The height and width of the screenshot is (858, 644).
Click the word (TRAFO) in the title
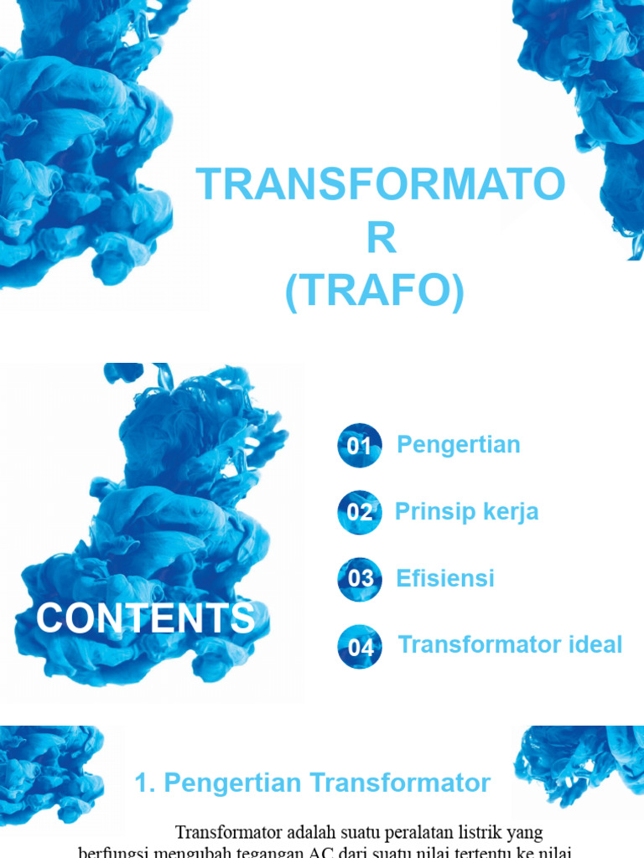[x=374, y=294]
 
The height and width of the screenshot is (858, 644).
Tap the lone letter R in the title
[x=380, y=240]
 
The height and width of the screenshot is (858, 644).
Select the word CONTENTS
[x=145, y=618]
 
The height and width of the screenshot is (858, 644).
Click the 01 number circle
[x=360, y=445]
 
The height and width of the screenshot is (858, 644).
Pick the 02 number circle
[x=360, y=512]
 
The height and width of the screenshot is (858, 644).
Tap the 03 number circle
[x=360, y=579]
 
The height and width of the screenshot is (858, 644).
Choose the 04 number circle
[x=360, y=647]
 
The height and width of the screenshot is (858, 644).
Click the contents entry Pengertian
[x=458, y=444]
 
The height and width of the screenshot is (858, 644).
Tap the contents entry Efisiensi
[x=445, y=578]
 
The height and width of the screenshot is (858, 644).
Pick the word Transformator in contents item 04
[x=476, y=644]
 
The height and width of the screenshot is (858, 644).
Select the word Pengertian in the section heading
[x=232, y=783]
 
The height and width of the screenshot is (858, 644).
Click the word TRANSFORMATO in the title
[x=380, y=185]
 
